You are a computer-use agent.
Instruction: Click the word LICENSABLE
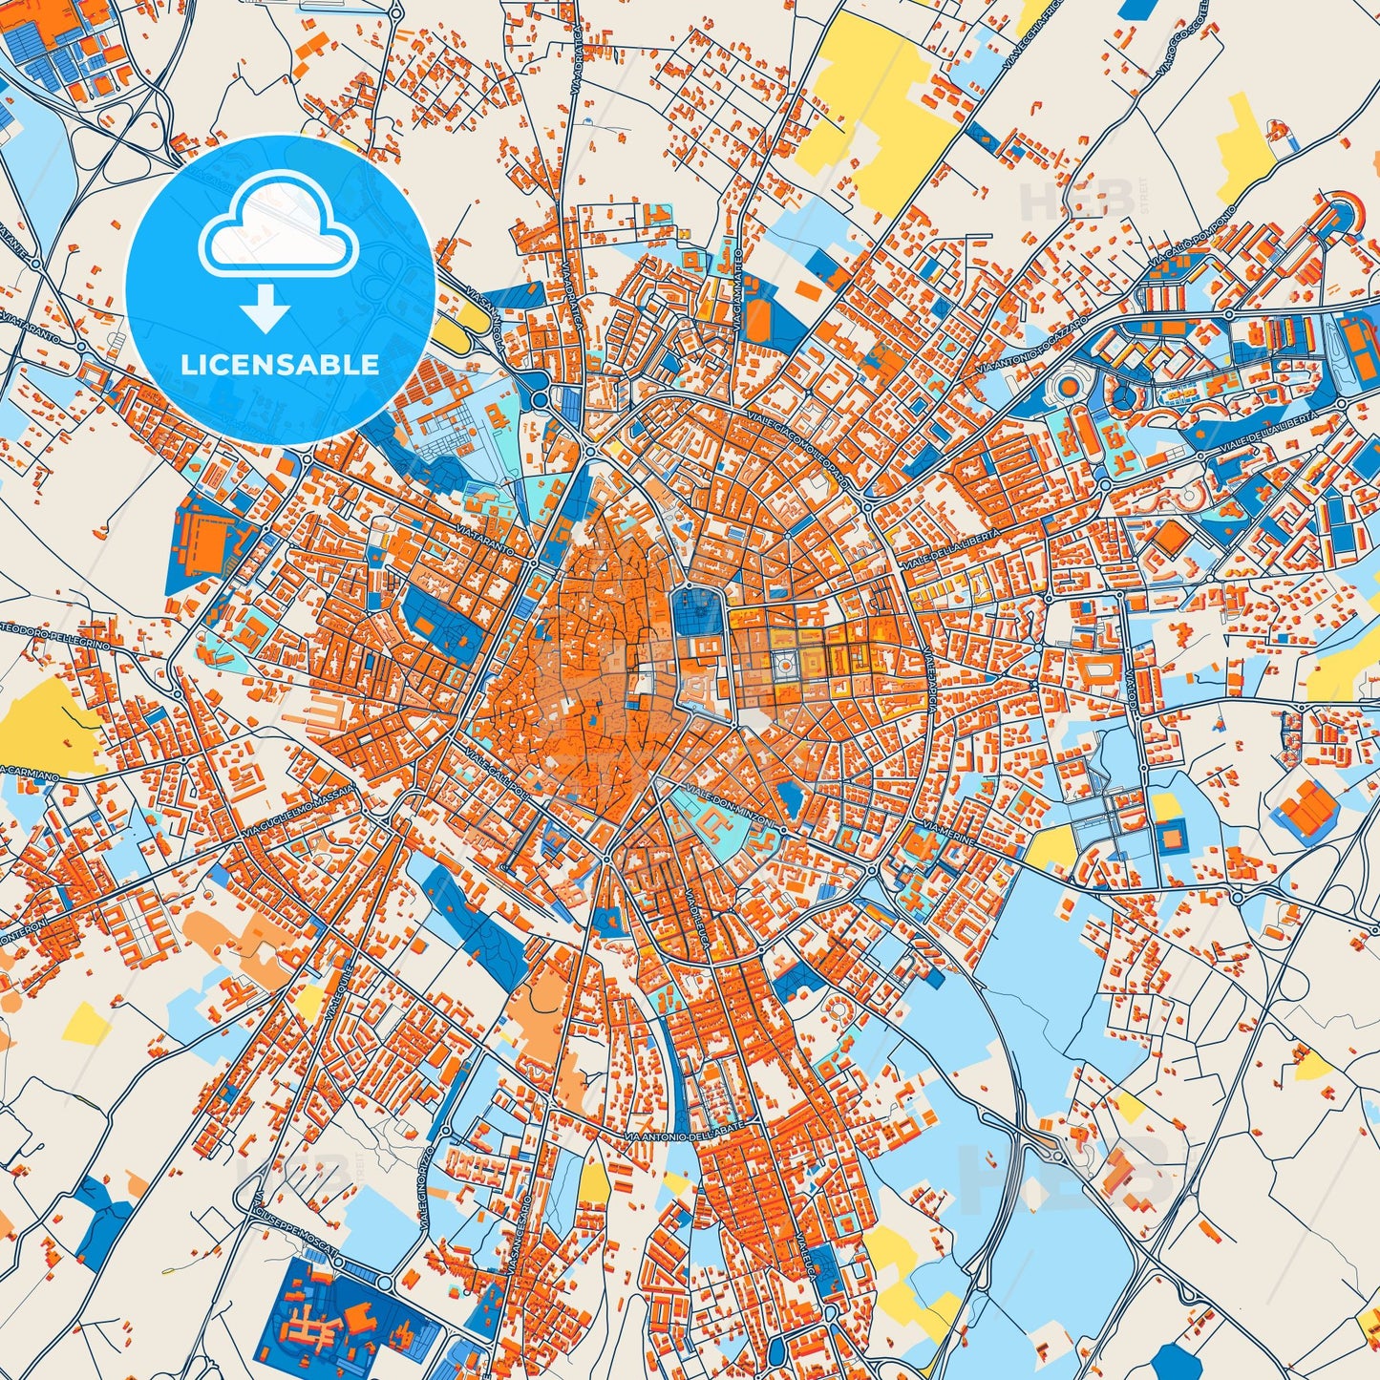coord(280,365)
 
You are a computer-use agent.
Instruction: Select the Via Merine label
coord(950,827)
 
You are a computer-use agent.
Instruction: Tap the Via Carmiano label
coord(29,773)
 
